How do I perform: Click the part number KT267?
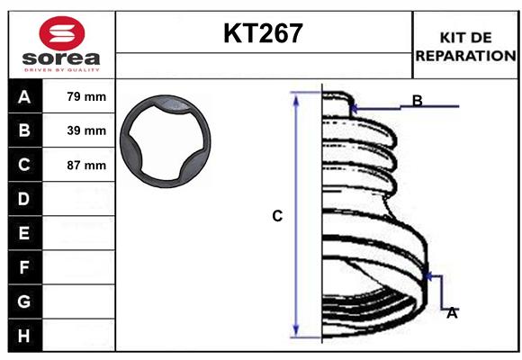point(263,34)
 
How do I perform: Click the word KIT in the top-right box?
point(449,37)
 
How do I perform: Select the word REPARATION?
point(466,55)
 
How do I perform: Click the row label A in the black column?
point(24,97)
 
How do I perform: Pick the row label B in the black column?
point(24,130)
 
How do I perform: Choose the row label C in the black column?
point(24,165)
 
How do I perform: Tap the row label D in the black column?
point(24,199)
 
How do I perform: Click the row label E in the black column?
point(24,233)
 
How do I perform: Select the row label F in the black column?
point(24,267)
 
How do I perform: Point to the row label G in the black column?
point(24,301)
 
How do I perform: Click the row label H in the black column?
point(24,335)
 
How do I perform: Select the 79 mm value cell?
point(86,96)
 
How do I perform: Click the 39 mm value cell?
point(86,130)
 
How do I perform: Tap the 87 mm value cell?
point(86,166)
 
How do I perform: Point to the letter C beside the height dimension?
point(277,216)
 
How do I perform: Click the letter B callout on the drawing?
point(417,100)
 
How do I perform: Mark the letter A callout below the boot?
point(452,312)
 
